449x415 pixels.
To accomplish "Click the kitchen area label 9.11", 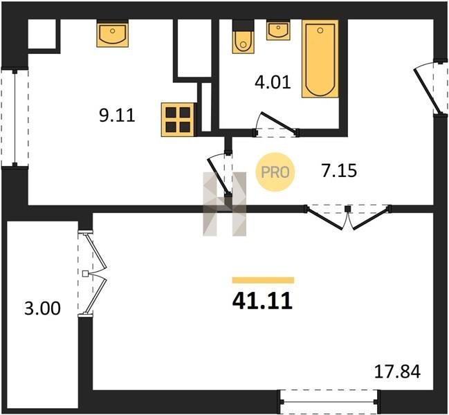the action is (x=117, y=116).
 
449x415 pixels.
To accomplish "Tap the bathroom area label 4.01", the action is (x=273, y=83).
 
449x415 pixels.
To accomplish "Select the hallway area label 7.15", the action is (x=339, y=171).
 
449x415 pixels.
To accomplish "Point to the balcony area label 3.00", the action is (x=42, y=308).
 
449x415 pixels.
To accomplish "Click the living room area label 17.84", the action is (x=398, y=371).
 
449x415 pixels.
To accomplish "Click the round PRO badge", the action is (x=275, y=172).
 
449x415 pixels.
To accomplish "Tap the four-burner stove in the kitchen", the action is (x=178, y=120).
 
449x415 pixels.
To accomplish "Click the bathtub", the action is (x=320, y=59).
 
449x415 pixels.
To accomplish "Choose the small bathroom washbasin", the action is (x=278, y=30).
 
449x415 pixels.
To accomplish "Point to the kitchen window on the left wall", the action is (x=15, y=117).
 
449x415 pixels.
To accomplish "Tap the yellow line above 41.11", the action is (x=263, y=280).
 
